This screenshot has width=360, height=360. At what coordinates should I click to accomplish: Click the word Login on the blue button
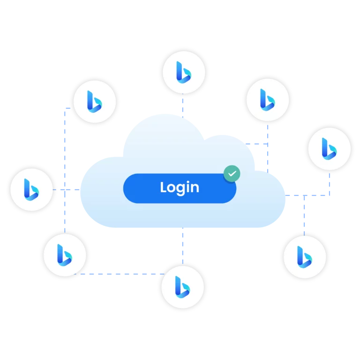point(180,187)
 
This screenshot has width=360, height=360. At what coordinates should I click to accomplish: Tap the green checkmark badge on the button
point(232,173)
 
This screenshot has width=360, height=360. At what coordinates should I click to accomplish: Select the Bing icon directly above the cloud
point(184,71)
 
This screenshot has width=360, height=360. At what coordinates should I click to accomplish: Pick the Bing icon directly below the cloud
point(182,286)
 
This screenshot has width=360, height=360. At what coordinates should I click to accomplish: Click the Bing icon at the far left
point(31,189)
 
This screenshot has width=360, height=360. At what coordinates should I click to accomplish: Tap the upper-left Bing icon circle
point(95,101)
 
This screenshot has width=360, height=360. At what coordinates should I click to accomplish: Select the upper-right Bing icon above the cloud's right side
point(268,100)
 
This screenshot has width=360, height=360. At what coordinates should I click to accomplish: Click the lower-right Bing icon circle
point(305,256)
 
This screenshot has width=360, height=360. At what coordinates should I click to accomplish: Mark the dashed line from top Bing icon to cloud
point(182,104)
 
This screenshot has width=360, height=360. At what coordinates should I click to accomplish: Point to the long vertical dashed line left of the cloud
point(66,164)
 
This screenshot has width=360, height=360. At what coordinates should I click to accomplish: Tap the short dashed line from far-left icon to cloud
point(66,189)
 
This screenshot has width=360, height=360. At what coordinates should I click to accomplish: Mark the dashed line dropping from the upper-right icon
point(268,141)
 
